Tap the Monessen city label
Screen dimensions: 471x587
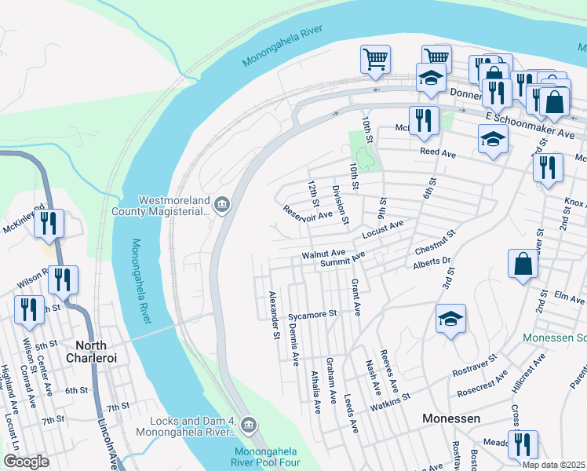coord(451,418)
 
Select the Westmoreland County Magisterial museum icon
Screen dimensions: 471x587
coord(222,206)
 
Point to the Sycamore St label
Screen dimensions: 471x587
coord(312,314)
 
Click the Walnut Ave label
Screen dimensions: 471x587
coord(324,254)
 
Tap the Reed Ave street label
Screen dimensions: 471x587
coord(438,152)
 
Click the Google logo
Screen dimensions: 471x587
coord(26,461)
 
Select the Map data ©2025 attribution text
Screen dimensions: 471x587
coord(553,465)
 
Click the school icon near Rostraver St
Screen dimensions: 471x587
coord(451,319)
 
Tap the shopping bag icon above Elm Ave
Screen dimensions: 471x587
coord(523,265)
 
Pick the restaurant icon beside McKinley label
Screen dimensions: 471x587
coord(49,224)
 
